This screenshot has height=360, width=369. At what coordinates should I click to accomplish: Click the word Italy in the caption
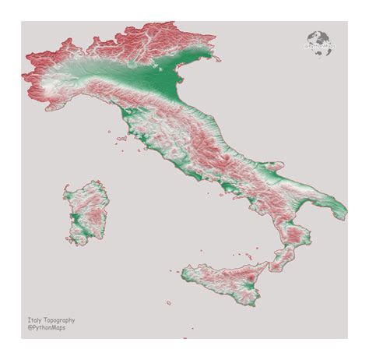coord(33,319)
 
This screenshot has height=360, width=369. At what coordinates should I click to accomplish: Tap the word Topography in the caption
coord(59,319)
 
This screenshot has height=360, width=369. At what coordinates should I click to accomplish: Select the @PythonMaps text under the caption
coord(46,328)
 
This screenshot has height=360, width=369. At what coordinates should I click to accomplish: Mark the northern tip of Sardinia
coord(93,182)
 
